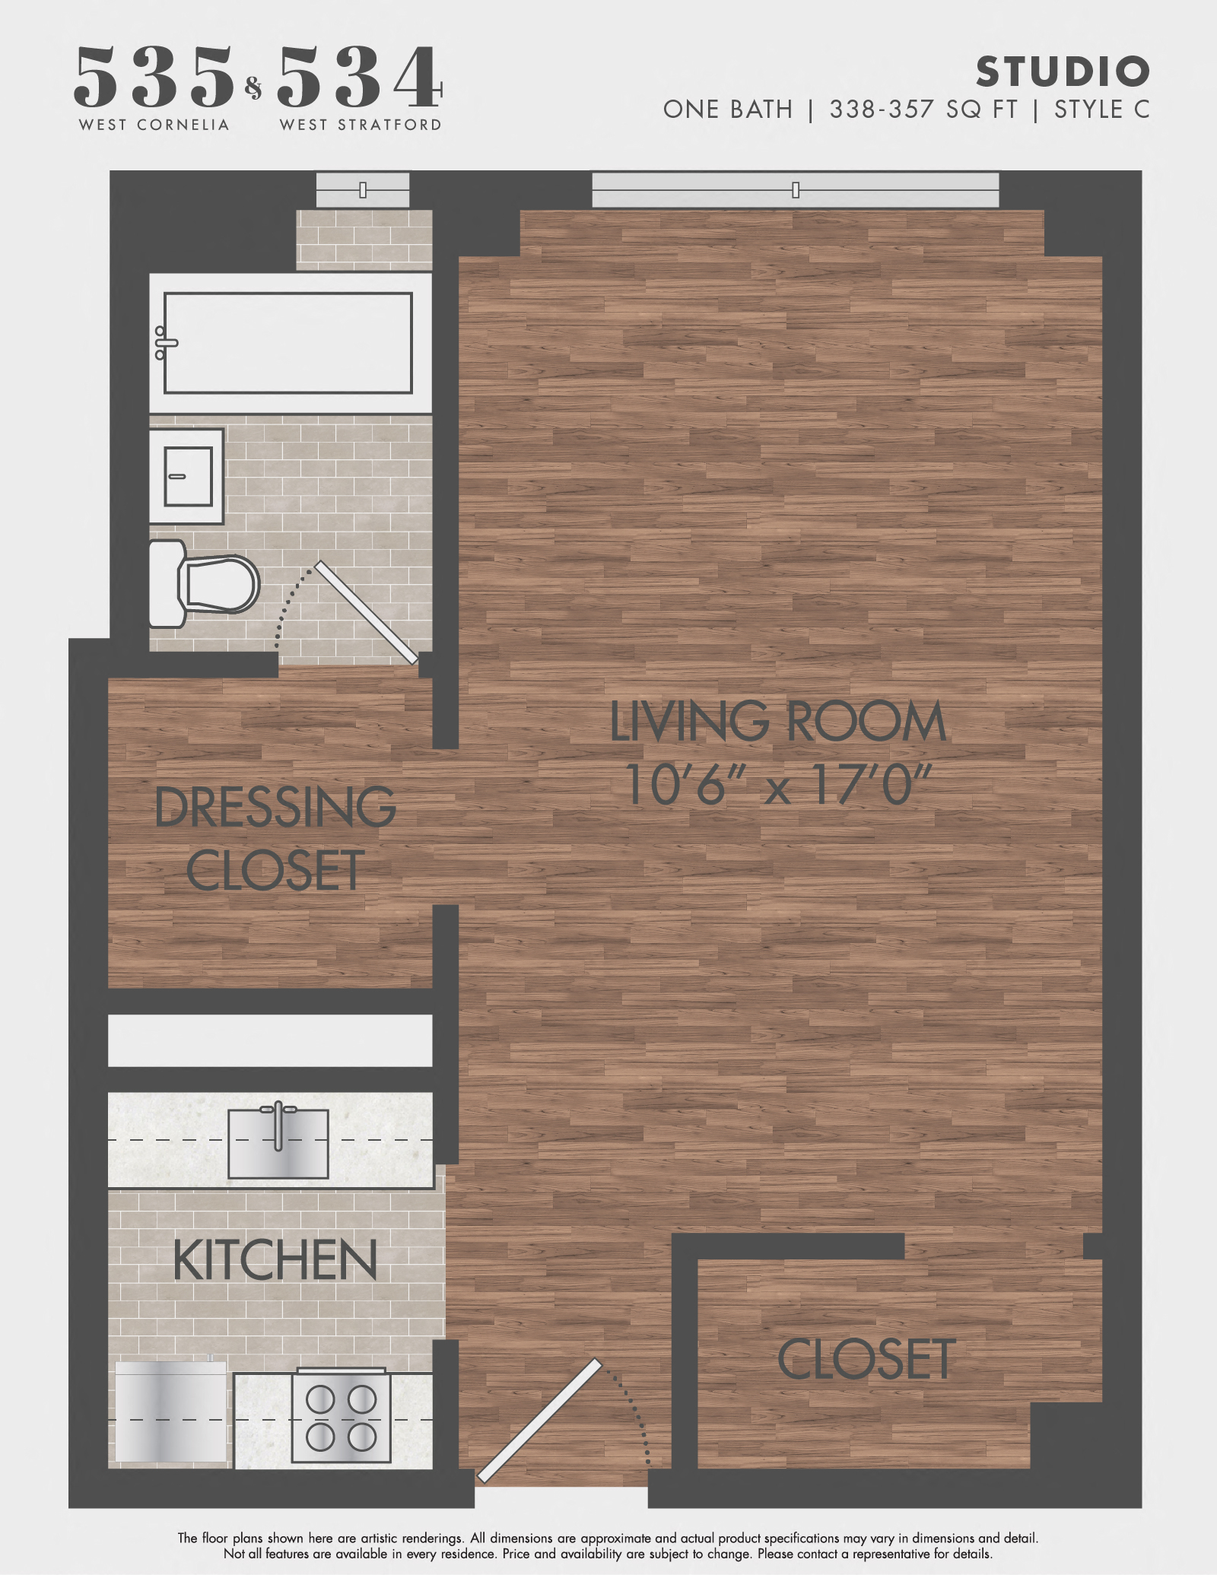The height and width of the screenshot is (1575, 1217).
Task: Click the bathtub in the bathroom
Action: pyautogui.click(x=288, y=342)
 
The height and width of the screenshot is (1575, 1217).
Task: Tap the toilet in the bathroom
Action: pyautogui.click(x=205, y=584)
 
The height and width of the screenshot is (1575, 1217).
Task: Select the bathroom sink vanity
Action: pyautogui.click(x=186, y=476)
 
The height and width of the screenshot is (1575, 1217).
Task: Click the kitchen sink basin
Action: pyautogui.click(x=278, y=1143)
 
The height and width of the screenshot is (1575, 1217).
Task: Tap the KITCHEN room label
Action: pyautogui.click(x=275, y=1261)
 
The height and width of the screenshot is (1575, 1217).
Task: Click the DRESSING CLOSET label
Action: pyautogui.click(x=275, y=838)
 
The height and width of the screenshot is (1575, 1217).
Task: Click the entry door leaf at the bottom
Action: pyautogui.click(x=539, y=1421)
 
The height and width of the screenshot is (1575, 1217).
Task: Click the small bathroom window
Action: pyautogui.click(x=363, y=189)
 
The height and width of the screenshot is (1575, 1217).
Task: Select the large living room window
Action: pyautogui.click(x=796, y=189)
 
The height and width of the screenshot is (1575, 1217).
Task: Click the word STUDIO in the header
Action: pyautogui.click(x=1062, y=72)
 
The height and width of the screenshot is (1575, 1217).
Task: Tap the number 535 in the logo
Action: pyautogui.click(x=154, y=77)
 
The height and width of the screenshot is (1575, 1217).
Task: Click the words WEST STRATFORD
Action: pyautogui.click(x=361, y=125)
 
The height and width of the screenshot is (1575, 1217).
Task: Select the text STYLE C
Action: pyautogui.click(x=1101, y=110)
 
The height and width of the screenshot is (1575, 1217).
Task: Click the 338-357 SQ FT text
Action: pyautogui.click(x=923, y=110)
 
